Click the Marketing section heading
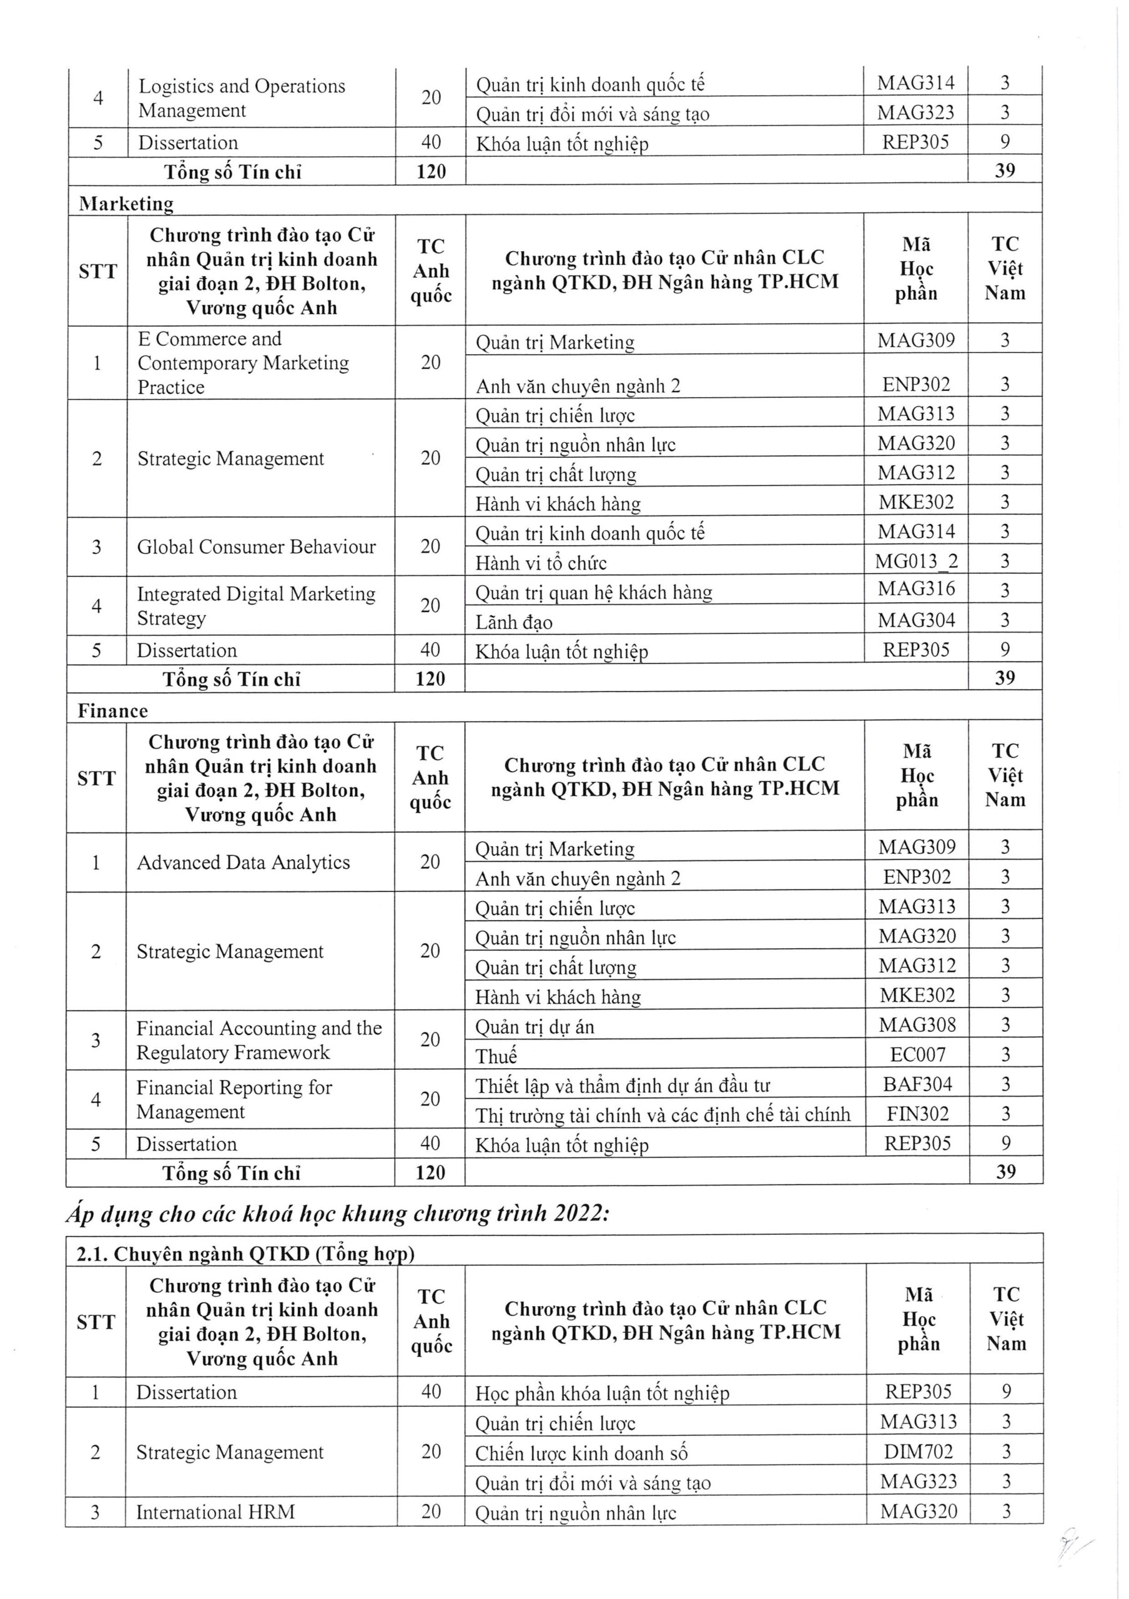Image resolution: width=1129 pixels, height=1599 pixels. click(x=126, y=204)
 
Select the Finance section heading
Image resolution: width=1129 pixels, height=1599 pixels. click(x=113, y=710)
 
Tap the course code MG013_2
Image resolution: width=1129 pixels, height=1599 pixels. click(x=916, y=562)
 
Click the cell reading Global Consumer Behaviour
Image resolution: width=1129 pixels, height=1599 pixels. click(x=256, y=547)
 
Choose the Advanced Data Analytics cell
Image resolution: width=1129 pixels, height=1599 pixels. click(x=243, y=862)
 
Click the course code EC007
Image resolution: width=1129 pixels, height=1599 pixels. click(x=917, y=1054)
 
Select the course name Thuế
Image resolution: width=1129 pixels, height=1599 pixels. click(x=496, y=1056)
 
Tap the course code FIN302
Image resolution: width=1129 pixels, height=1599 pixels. click(x=917, y=1114)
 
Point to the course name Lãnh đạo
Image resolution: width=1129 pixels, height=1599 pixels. click(x=514, y=622)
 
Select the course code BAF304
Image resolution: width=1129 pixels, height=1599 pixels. click(x=917, y=1084)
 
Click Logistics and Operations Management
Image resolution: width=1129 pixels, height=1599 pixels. click(x=242, y=98)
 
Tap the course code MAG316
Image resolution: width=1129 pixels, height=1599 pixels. click(x=916, y=589)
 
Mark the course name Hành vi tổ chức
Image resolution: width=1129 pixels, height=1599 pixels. click(x=541, y=563)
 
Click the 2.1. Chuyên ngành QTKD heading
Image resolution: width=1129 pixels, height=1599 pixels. click(x=245, y=1254)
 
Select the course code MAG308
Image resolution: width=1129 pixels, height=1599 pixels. click(x=917, y=1024)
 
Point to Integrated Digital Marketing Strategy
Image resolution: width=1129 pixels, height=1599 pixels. click(x=255, y=606)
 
